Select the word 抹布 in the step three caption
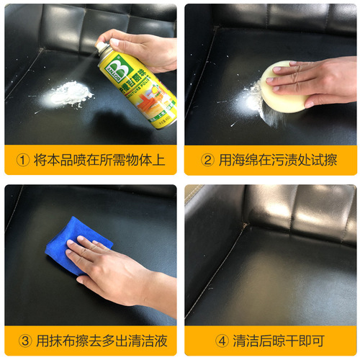[x=63, y=341]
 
